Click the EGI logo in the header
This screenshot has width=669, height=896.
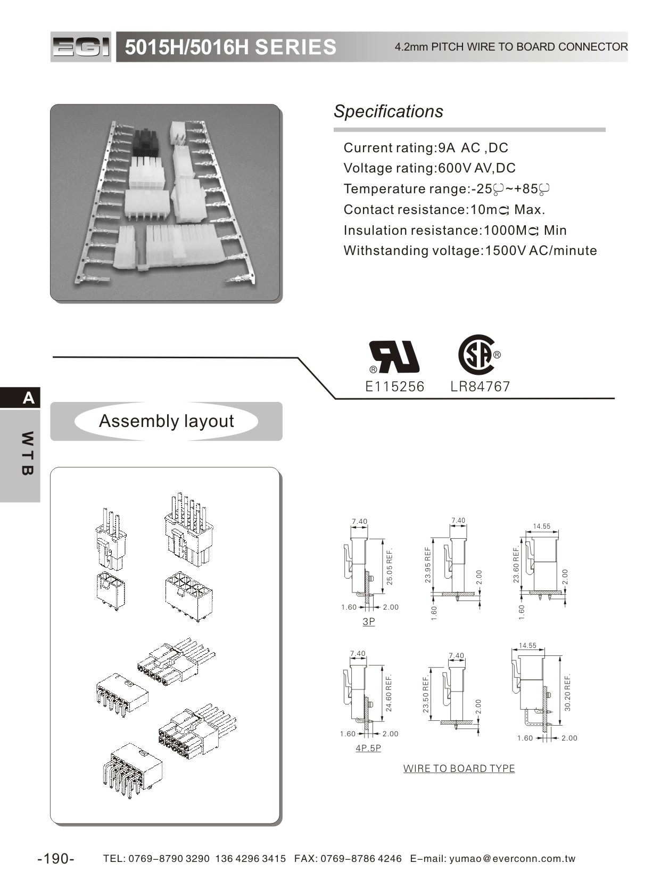(81, 47)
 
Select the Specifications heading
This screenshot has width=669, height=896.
(388, 111)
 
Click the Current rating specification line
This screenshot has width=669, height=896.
(425, 147)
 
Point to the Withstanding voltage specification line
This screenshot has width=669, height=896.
(470, 251)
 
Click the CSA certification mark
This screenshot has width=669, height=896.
(477, 354)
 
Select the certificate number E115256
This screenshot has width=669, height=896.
(394, 387)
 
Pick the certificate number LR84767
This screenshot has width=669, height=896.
(480, 387)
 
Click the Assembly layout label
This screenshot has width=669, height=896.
(166, 421)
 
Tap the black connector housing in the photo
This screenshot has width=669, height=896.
(146, 142)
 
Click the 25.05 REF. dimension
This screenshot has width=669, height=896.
(390, 566)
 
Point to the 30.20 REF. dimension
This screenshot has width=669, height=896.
(567, 692)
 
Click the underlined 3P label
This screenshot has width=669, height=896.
(368, 621)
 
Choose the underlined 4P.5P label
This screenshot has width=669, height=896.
(368, 748)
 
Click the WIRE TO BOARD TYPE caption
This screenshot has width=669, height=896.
(459, 768)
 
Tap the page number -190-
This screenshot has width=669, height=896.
(56, 859)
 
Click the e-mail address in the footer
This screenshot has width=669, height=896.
(512, 859)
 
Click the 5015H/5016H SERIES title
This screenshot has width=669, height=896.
(230, 47)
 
